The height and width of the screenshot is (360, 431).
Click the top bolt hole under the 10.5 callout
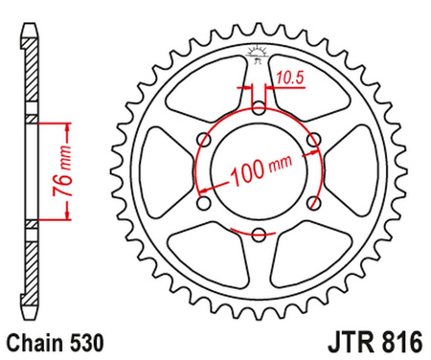(258, 106)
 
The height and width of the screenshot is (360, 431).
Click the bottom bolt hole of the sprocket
(258, 235)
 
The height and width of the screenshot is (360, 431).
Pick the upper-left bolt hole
(202, 139)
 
